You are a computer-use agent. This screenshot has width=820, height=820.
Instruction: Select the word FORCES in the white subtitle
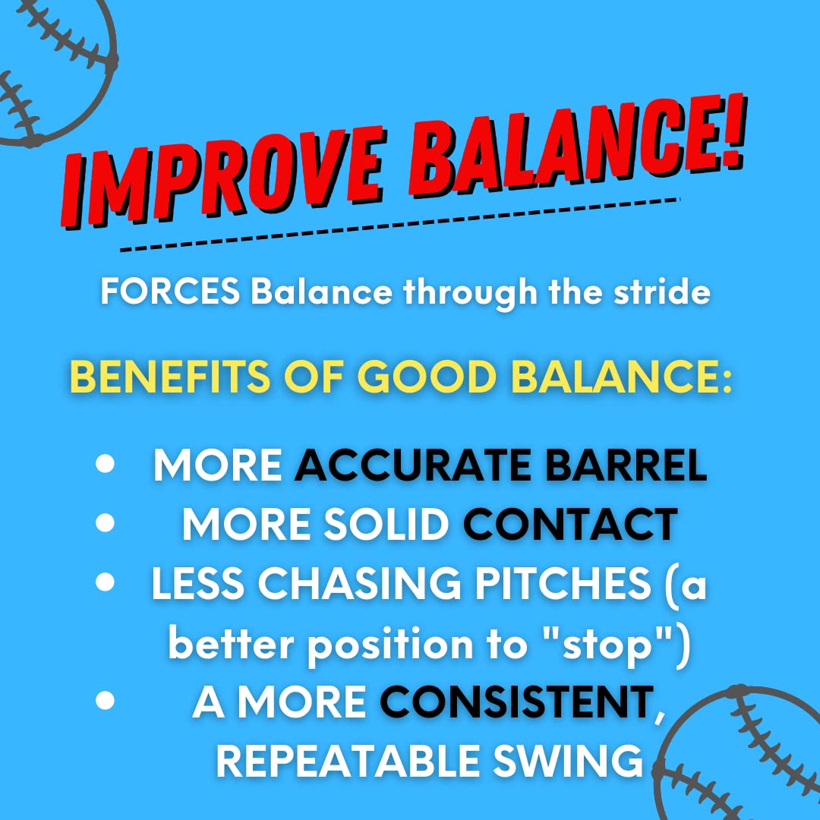tap(172, 293)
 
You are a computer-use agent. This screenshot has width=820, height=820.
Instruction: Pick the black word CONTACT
tap(569, 524)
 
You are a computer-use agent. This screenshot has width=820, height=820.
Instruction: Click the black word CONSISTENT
tap(516, 702)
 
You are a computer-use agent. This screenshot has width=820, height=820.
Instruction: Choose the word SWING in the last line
tap(576, 762)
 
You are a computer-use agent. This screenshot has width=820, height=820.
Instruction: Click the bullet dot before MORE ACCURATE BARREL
tap(106, 464)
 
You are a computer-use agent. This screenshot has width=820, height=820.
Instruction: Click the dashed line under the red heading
tap(399, 225)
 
